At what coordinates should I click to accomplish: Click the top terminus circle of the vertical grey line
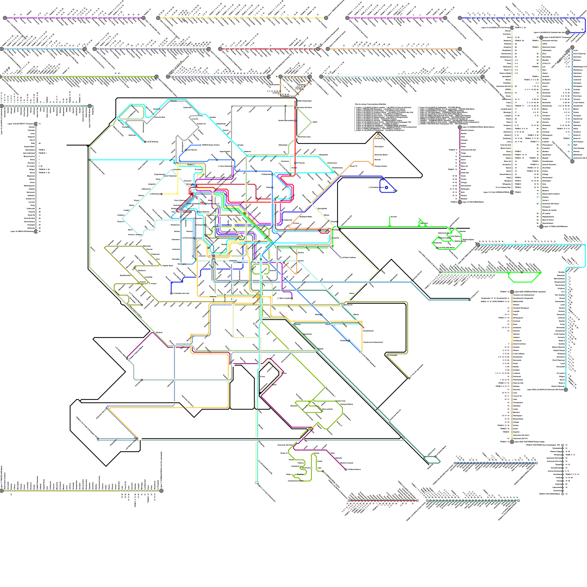coord(36,124)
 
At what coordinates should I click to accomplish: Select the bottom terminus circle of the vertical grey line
coord(36,231)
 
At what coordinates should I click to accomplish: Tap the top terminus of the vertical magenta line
coord(460,127)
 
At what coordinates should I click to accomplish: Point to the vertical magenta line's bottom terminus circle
coord(460,202)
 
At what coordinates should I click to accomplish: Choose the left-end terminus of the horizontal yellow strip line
coord(158,18)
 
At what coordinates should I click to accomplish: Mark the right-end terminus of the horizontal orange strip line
coord(460,49)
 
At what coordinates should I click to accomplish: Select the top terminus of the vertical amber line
coord(512,292)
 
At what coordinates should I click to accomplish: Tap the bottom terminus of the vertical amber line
coord(512,442)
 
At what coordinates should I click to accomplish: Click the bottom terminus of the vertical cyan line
coord(566,390)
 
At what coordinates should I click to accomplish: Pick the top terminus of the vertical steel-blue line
coord(572,47)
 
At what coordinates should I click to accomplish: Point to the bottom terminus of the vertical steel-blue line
coord(572,161)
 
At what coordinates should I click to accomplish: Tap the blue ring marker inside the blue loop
coord(386,187)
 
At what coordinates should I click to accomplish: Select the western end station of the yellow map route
coord(161,194)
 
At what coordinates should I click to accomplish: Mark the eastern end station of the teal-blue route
coord(470,300)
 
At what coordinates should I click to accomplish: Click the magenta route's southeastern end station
coord(346,469)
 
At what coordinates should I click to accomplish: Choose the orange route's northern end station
coord(379,136)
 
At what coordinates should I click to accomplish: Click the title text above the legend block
coord(371,105)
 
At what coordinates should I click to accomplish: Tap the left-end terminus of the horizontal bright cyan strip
coord(478,244)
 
